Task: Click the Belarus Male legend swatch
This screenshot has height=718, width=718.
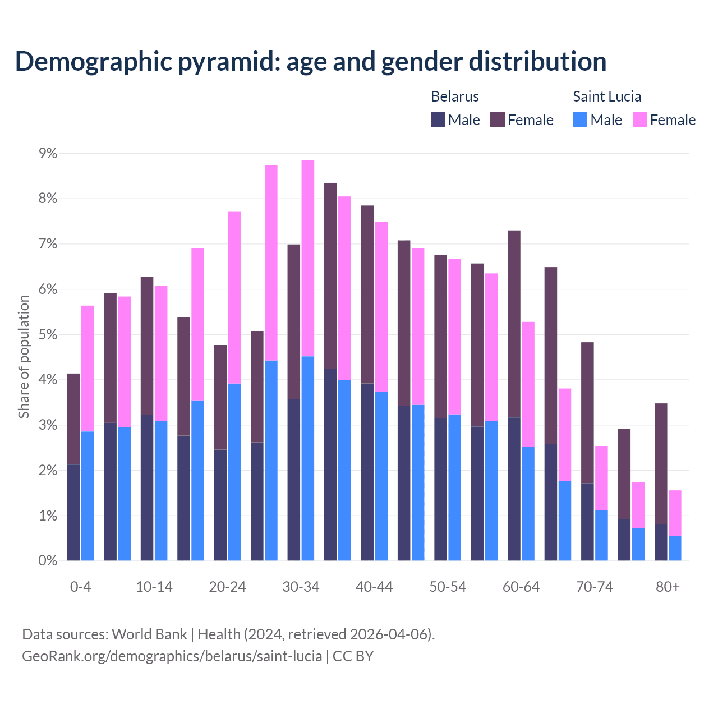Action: (x=438, y=119)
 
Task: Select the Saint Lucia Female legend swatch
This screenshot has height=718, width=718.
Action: (x=639, y=119)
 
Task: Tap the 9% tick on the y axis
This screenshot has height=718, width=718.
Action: (x=48, y=153)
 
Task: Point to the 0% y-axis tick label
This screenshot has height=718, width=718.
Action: (x=48, y=560)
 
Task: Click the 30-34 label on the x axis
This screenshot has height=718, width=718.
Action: (x=301, y=587)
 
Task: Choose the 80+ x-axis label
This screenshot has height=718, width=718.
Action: (x=668, y=587)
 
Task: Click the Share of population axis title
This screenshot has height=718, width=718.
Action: (x=24, y=357)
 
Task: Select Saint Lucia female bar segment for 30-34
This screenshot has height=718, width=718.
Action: (x=308, y=258)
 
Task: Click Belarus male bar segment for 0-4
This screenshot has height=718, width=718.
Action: (x=73, y=512)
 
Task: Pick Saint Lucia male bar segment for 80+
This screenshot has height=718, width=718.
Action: (x=675, y=548)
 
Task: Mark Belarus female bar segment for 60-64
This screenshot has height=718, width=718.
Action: (x=514, y=324)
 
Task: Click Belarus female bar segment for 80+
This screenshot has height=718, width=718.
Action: (x=661, y=463)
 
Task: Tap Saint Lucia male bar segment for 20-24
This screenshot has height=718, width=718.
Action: (x=234, y=472)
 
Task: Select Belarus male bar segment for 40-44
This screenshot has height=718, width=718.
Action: (x=367, y=472)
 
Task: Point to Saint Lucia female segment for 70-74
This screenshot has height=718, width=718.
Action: (x=601, y=478)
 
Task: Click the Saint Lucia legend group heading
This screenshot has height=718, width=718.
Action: (x=606, y=96)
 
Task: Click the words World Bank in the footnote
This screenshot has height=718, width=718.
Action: (x=149, y=634)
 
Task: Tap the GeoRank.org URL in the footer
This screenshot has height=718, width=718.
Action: (x=172, y=656)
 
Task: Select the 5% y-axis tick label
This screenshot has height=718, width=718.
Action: (x=48, y=334)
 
